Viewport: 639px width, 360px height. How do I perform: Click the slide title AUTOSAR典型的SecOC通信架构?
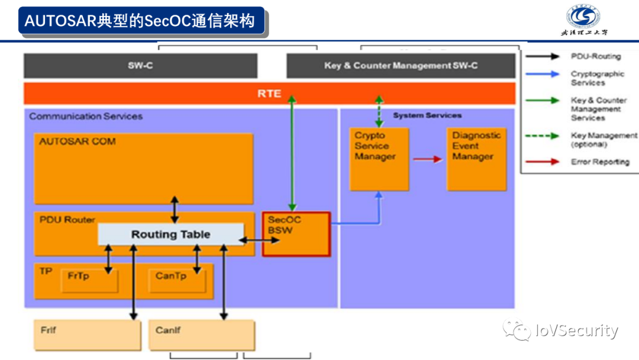point(140,21)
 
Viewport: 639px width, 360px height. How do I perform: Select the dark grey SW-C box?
point(140,66)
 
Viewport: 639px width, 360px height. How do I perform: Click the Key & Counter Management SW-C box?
point(401,66)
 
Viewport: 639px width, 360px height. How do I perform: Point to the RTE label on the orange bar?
point(269,94)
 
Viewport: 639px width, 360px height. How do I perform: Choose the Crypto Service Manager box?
point(379,159)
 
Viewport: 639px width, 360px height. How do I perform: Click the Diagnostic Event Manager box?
point(476,159)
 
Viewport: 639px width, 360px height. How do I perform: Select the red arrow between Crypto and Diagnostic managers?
point(427,159)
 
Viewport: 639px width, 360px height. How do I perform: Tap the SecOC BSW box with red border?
point(296,234)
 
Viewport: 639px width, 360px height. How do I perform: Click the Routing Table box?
point(170,234)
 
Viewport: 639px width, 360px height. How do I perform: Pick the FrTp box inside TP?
point(89,280)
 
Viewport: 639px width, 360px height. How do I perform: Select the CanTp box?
point(176,280)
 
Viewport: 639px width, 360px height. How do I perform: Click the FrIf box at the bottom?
point(88,335)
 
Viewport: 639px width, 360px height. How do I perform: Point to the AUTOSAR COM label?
point(78,142)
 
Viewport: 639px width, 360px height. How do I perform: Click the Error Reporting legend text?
point(599,162)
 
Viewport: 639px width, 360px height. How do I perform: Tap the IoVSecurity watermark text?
point(575,330)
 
